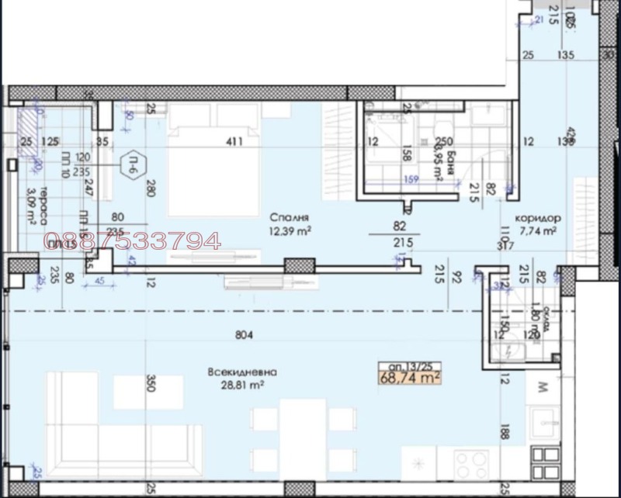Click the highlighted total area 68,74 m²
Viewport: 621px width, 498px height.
pos(410,379)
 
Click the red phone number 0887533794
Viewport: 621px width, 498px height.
pos(133,242)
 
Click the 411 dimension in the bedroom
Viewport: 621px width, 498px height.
pos(234,141)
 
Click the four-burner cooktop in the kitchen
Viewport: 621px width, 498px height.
pos(470,465)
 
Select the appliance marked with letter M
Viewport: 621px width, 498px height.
pos(543,386)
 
